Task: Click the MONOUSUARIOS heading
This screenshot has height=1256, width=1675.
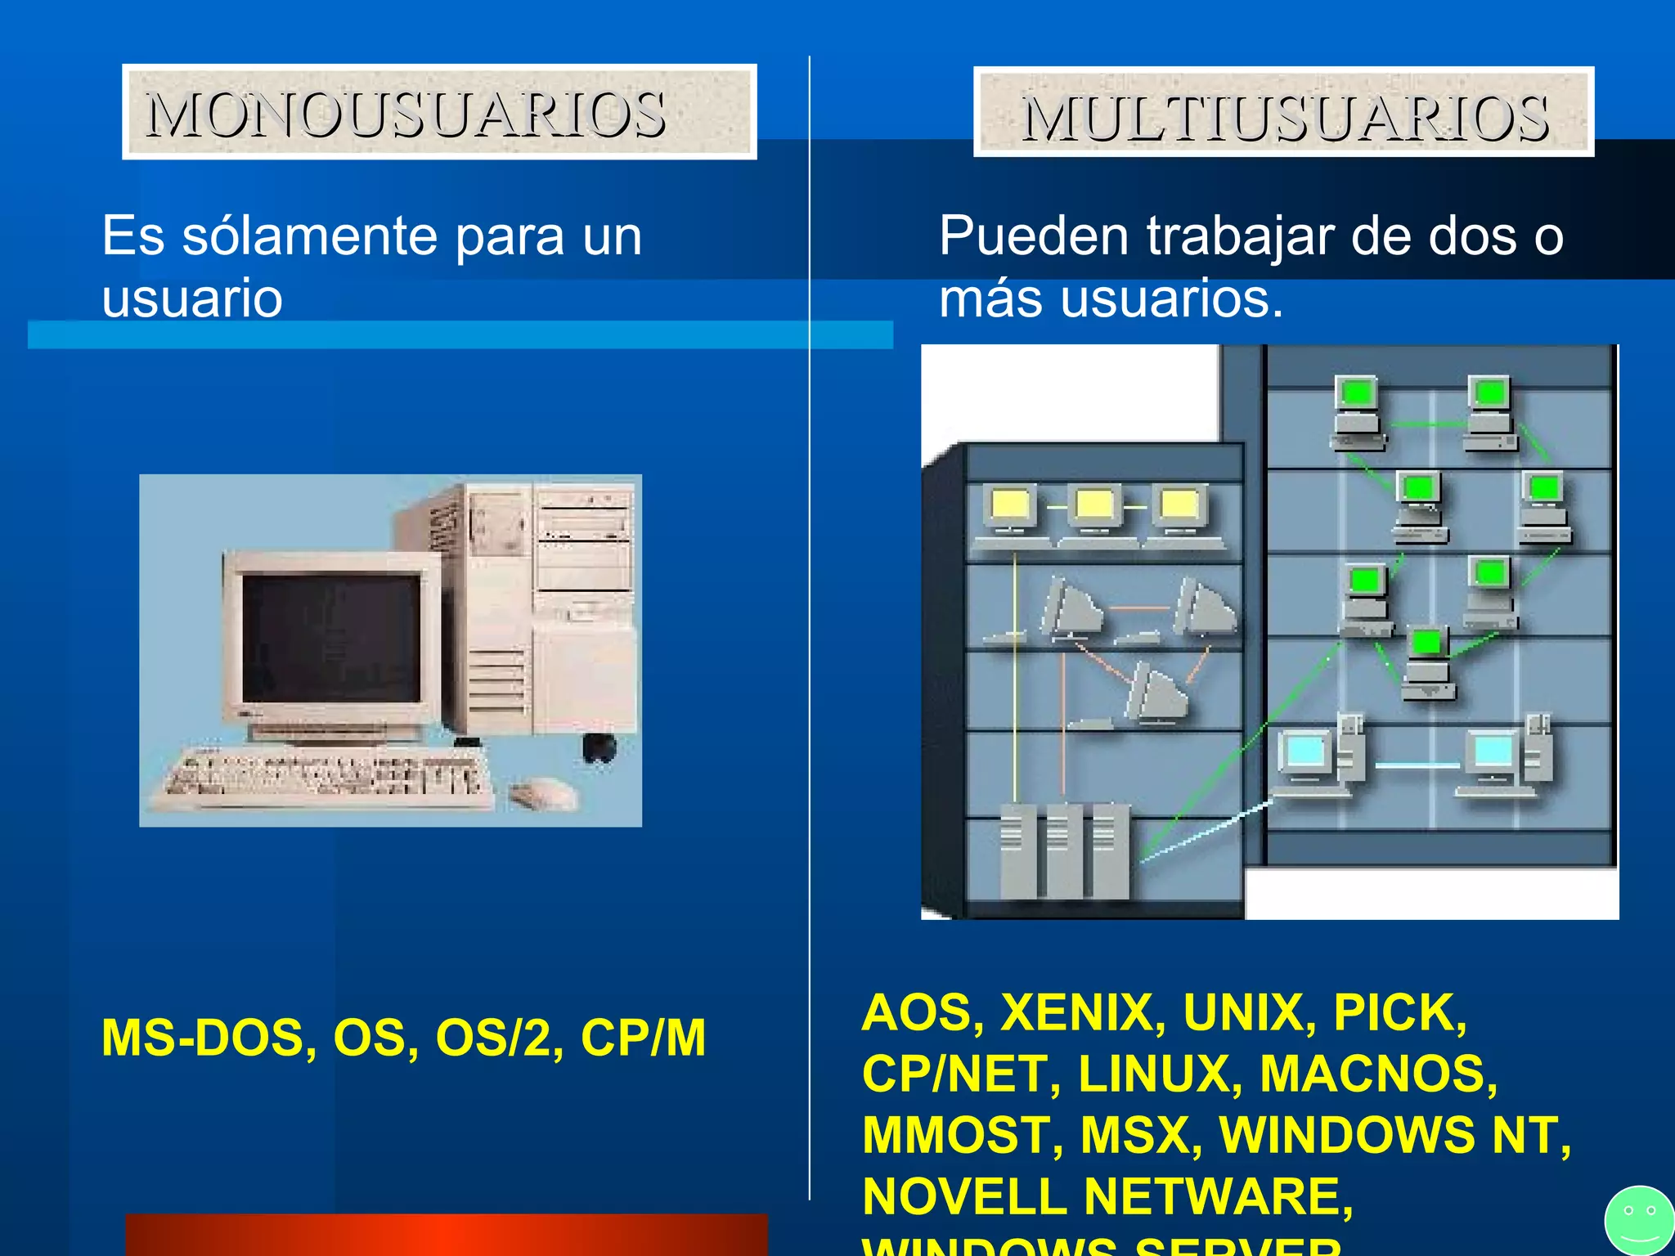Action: (406, 114)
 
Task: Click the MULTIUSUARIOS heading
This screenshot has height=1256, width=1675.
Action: (1284, 117)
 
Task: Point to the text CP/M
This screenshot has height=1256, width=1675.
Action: (643, 1038)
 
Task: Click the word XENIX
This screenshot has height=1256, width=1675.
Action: (1084, 1012)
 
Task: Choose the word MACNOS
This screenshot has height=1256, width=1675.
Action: (1377, 1074)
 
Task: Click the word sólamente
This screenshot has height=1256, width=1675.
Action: (310, 236)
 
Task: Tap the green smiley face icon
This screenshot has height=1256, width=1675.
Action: (1639, 1221)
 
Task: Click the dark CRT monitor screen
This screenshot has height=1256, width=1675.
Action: (331, 638)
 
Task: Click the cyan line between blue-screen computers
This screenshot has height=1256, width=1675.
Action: (1417, 765)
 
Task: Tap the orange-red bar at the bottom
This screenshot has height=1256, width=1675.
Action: (447, 1235)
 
